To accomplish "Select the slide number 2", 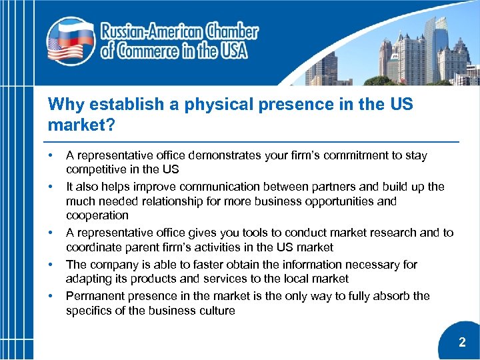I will tap(462, 343).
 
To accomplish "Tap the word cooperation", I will tap(97, 215).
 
